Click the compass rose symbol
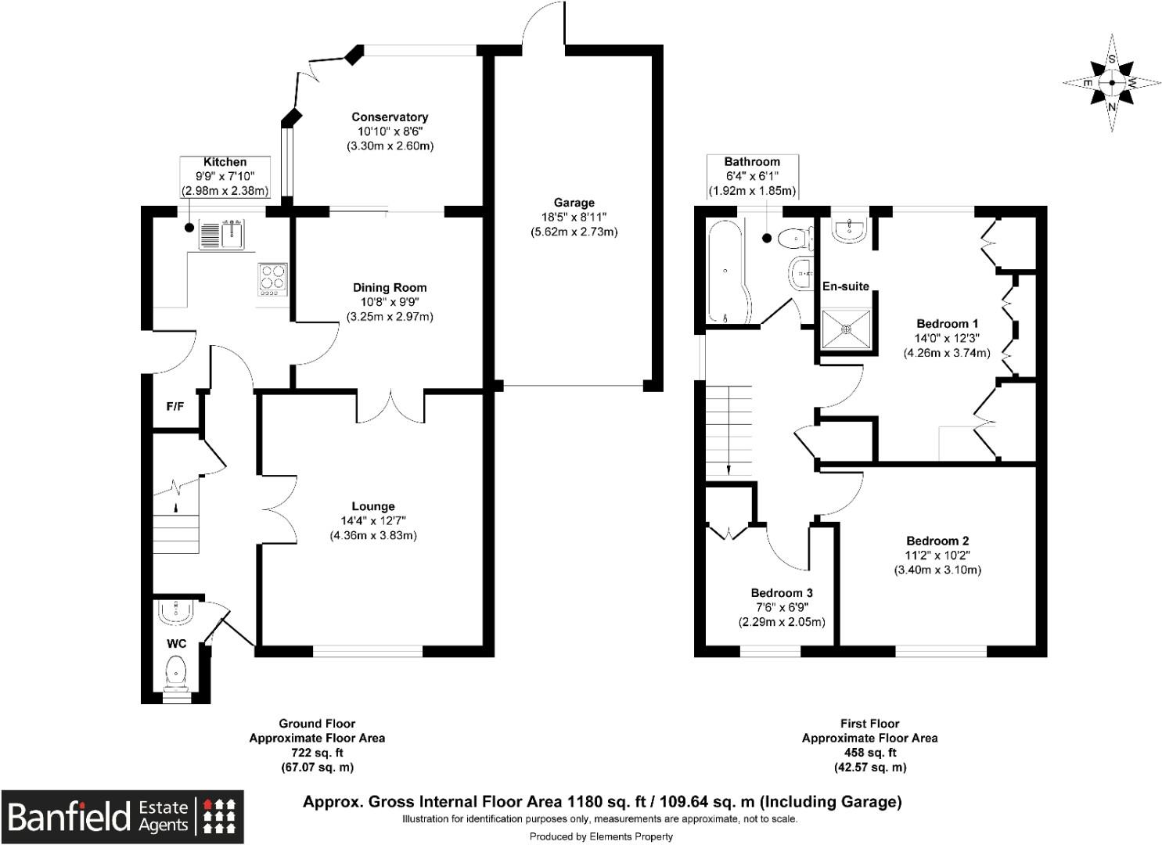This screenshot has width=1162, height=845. (x=1112, y=82)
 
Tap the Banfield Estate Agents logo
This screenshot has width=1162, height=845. (x=122, y=816)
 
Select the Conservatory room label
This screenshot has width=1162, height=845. (x=390, y=117)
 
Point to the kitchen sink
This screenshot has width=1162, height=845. (x=223, y=234)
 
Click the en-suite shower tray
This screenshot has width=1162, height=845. (x=845, y=329)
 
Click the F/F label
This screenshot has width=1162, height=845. (x=175, y=407)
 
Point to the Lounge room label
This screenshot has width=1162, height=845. (x=373, y=506)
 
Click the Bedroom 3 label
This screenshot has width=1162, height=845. (x=782, y=593)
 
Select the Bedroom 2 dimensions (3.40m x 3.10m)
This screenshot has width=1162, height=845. (x=937, y=570)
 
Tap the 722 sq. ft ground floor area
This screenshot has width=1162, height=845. (x=317, y=753)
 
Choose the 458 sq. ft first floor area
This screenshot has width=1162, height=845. (x=869, y=753)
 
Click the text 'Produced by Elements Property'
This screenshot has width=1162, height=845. (x=601, y=836)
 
